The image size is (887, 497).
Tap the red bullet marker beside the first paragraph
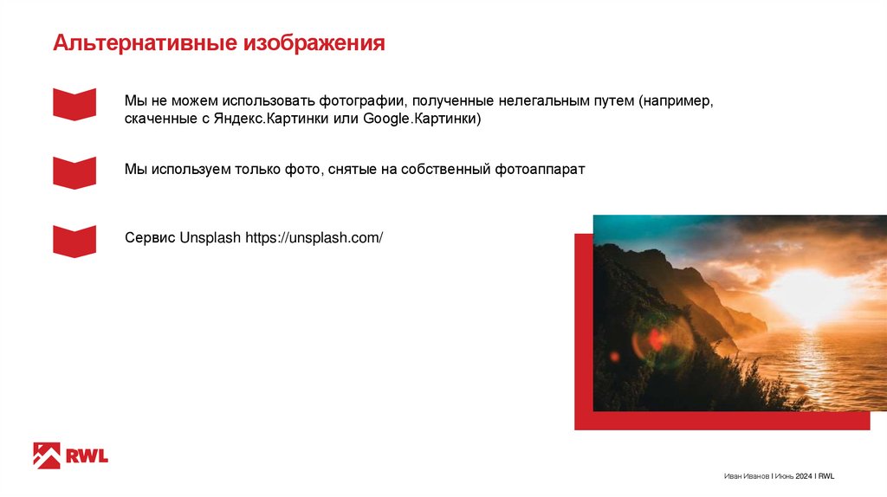74,103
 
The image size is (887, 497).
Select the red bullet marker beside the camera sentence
74,171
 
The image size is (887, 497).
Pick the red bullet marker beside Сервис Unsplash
74,240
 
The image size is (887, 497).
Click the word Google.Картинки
422,119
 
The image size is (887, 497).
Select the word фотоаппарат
541,169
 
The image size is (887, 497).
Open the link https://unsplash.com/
314,237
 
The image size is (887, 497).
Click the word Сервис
150,237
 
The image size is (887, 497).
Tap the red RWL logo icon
46,455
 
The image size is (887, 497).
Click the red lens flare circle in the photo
656,340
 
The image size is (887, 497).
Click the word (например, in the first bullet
677,100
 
